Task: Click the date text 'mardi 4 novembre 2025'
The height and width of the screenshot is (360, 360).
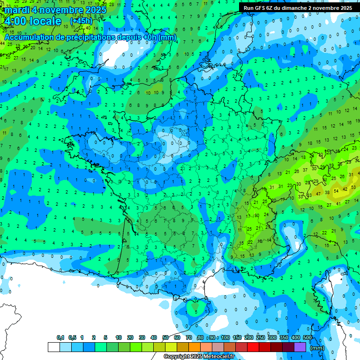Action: click(56, 9)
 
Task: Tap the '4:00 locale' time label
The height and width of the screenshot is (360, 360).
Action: click(32, 21)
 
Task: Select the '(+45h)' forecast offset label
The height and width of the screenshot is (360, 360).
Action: click(81, 21)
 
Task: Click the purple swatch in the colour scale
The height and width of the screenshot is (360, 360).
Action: click(300, 347)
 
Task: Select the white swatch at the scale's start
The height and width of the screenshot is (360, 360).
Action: click(54, 347)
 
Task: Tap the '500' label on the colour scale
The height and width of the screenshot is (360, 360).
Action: click(307, 338)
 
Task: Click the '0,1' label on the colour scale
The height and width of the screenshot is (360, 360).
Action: click(60, 338)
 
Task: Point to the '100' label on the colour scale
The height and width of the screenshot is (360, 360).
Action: click(225, 338)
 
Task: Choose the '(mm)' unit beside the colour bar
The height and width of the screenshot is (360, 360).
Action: click(317, 348)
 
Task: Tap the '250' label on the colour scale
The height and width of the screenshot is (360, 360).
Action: click(260, 338)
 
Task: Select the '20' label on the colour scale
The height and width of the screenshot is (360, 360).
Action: click(130, 338)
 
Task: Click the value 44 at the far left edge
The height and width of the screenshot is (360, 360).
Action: click(3, 44)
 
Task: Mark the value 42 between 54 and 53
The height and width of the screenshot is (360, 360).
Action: click(345, 188)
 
